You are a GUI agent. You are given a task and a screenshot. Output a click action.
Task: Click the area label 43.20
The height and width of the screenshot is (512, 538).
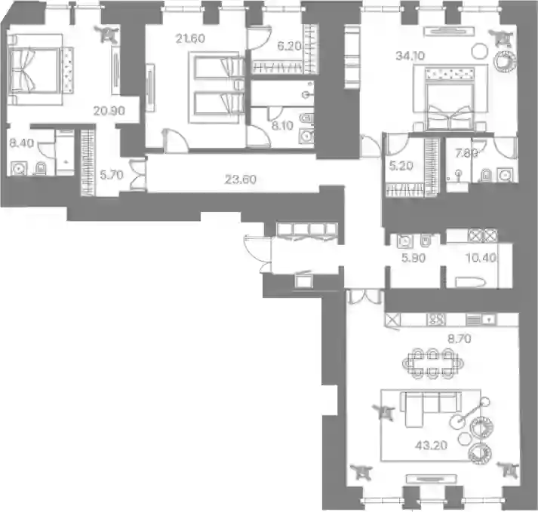pyautogui.click(x=431, y=445)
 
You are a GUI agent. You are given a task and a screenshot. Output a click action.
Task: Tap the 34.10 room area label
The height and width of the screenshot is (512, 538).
pyautogui.click(x=410, y=56)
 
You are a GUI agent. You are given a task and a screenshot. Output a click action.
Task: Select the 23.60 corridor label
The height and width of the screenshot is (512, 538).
pyautogui.click(x=240, y=179)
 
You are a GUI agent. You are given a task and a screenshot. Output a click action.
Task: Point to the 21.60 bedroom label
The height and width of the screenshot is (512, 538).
pyautogui.click(x=190, y=38)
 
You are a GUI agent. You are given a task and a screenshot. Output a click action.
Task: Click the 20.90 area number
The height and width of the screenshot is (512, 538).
pyautogui.click(x=109, y=111)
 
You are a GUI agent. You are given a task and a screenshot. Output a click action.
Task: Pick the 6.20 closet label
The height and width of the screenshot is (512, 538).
pyautogui.click(x=289, y=46)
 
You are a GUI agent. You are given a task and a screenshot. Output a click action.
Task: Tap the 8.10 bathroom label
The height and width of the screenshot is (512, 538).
pyautogui.click(x=282, y=125)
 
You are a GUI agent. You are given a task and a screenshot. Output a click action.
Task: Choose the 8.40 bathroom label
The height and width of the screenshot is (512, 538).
pyautogui.click(x=22, y=143)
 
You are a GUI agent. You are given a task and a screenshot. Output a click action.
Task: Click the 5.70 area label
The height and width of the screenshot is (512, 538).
pyautogui.click(x=112, y=175)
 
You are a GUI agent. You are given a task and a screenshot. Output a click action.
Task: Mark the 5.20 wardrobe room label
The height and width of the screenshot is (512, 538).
pyautogui.click(x=401, y=167)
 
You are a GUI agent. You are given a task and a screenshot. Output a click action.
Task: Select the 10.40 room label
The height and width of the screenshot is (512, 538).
pyautogui.click(x=481, y=258)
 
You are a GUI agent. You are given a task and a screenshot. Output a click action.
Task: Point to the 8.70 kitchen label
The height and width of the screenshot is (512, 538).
pyautogui.click(x=460, y=339)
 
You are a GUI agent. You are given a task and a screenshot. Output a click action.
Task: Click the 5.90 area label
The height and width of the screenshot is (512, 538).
pyautogui.click(x=413, y=258)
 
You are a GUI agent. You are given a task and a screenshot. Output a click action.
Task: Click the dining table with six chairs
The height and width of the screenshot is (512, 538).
pyautogui.click(x=432, y=363)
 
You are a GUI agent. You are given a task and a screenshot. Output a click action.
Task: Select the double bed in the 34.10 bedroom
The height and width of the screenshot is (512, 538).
pyautogui.click(x=450, y=99)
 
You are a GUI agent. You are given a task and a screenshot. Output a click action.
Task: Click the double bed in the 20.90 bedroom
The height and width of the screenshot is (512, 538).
pyautogui.click(x=34, y=69)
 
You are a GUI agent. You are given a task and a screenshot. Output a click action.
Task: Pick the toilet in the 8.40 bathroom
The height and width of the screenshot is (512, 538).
pyautogui.click(x=41, y=168)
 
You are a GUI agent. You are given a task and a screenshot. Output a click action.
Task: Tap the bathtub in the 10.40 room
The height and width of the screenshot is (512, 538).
pyautogui.click(x=470, y=283)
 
